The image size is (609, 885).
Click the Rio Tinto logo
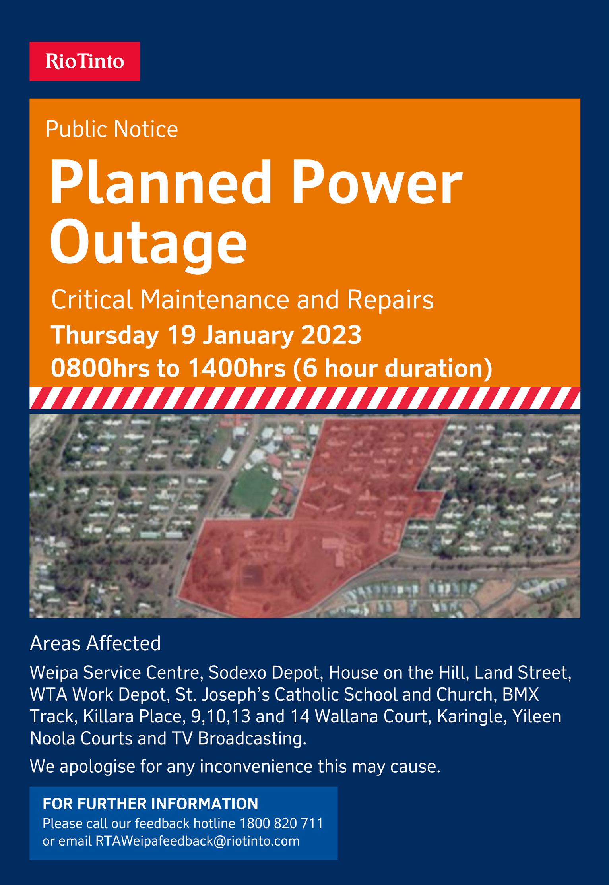pyautogui.click(x=85, y=62)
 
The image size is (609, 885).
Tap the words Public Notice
pyautogui.click(x=112, y=129)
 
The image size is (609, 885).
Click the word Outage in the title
pyautogui.click(x=148, y=243)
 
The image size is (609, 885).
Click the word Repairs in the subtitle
pyautogui.click(x=390, y=300)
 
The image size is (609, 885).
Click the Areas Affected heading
pyautogui.click(x=95, y=643)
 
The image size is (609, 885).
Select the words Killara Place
pyautogui.click(x=134, y=717)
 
